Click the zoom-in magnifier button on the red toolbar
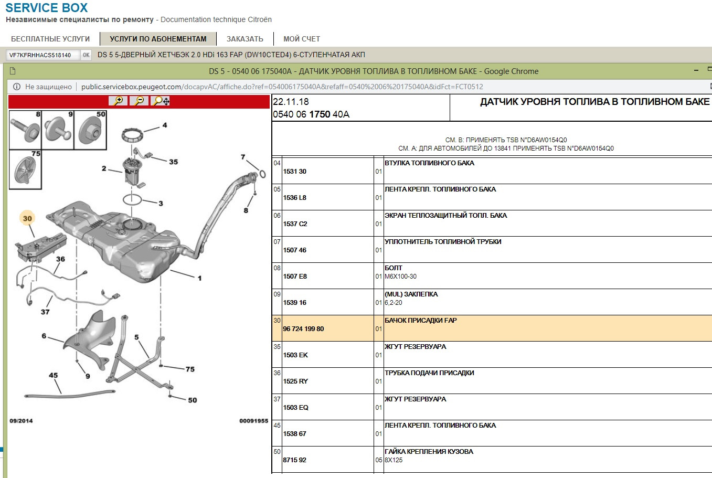[118, 101]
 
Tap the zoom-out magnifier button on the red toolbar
[139, 101]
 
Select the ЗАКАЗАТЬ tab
[245, 39]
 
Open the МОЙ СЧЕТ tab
[302, 39]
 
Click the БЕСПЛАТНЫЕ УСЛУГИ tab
[50, 39]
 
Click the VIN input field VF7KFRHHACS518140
[43, 55]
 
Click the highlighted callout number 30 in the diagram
[27, 218]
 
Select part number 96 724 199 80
[303, 328]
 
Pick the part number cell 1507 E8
[295, 276]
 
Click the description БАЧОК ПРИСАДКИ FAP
[420, 321]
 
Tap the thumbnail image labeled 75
[25, 169]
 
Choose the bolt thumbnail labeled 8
[25, 130]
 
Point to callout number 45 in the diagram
[53, 375]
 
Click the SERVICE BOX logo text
[46, 8]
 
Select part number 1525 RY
[295, 381]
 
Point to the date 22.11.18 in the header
[291, 102]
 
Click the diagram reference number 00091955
[253, 421]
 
